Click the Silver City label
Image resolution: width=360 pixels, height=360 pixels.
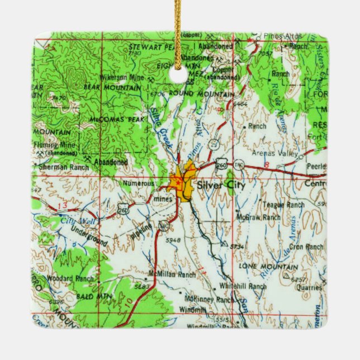217,185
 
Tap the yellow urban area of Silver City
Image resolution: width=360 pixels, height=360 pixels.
184,182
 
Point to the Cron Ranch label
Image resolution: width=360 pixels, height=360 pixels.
306,247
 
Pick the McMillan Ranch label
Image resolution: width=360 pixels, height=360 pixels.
172,274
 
